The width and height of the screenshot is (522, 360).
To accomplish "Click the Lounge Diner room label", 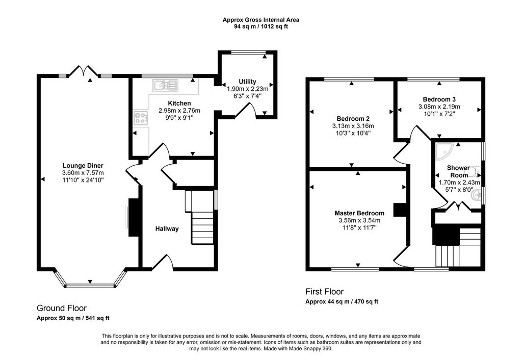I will pyautogui.click(x=83, y=165).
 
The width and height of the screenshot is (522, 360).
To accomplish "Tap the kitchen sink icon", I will pyautogui.click(x=166, y=85).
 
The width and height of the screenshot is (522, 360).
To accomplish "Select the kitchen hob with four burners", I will pyautogui.click(x=140, y=119).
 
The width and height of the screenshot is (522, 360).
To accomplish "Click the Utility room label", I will pyautogui.click(x=247, y=82).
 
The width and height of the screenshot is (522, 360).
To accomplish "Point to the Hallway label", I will pyautogui.click(x=167, y=229).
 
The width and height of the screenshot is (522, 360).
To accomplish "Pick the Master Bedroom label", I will pyautogui.click(x=359, y=213).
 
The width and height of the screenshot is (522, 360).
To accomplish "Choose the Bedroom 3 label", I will pyautogui.click(x=439, y=99).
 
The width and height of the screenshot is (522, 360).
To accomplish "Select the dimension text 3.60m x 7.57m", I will pyautogui.click(x=83, y=173).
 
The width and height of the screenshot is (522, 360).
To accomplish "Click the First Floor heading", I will pyautogui.click(x=324, y=292).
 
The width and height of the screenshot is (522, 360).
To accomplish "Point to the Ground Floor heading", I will pyautogui.click(x=61, y=308).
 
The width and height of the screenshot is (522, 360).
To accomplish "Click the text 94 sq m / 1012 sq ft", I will pyautogui.click(x=260, y=27).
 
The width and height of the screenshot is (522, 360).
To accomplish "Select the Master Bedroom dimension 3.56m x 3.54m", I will pyautogui.click(x=359, y=221).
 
